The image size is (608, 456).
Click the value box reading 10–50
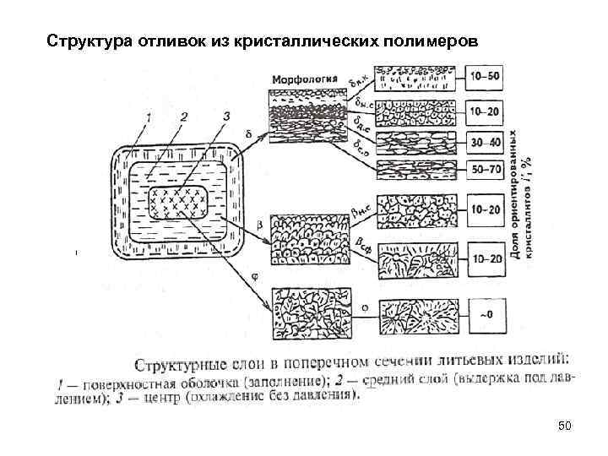(x=486, y=77)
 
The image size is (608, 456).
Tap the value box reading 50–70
(x=486, y=171)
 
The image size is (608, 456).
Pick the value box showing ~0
(x=486, y=314)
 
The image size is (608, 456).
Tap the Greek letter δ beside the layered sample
(x=247, y=133)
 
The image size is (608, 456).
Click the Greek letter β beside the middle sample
(x=257, y=226)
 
